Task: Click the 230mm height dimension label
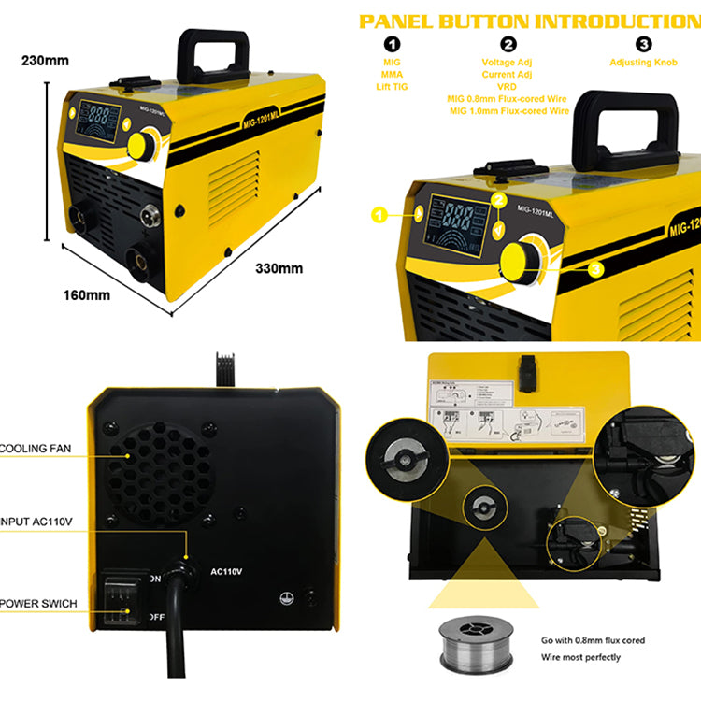[45, 61]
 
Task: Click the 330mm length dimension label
[279, 268]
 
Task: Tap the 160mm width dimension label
[87, 295]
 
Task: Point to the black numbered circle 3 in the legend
[643, 44]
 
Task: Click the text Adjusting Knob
[643, 62]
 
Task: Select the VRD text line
[508, 86]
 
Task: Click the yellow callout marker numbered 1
[379, 215]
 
